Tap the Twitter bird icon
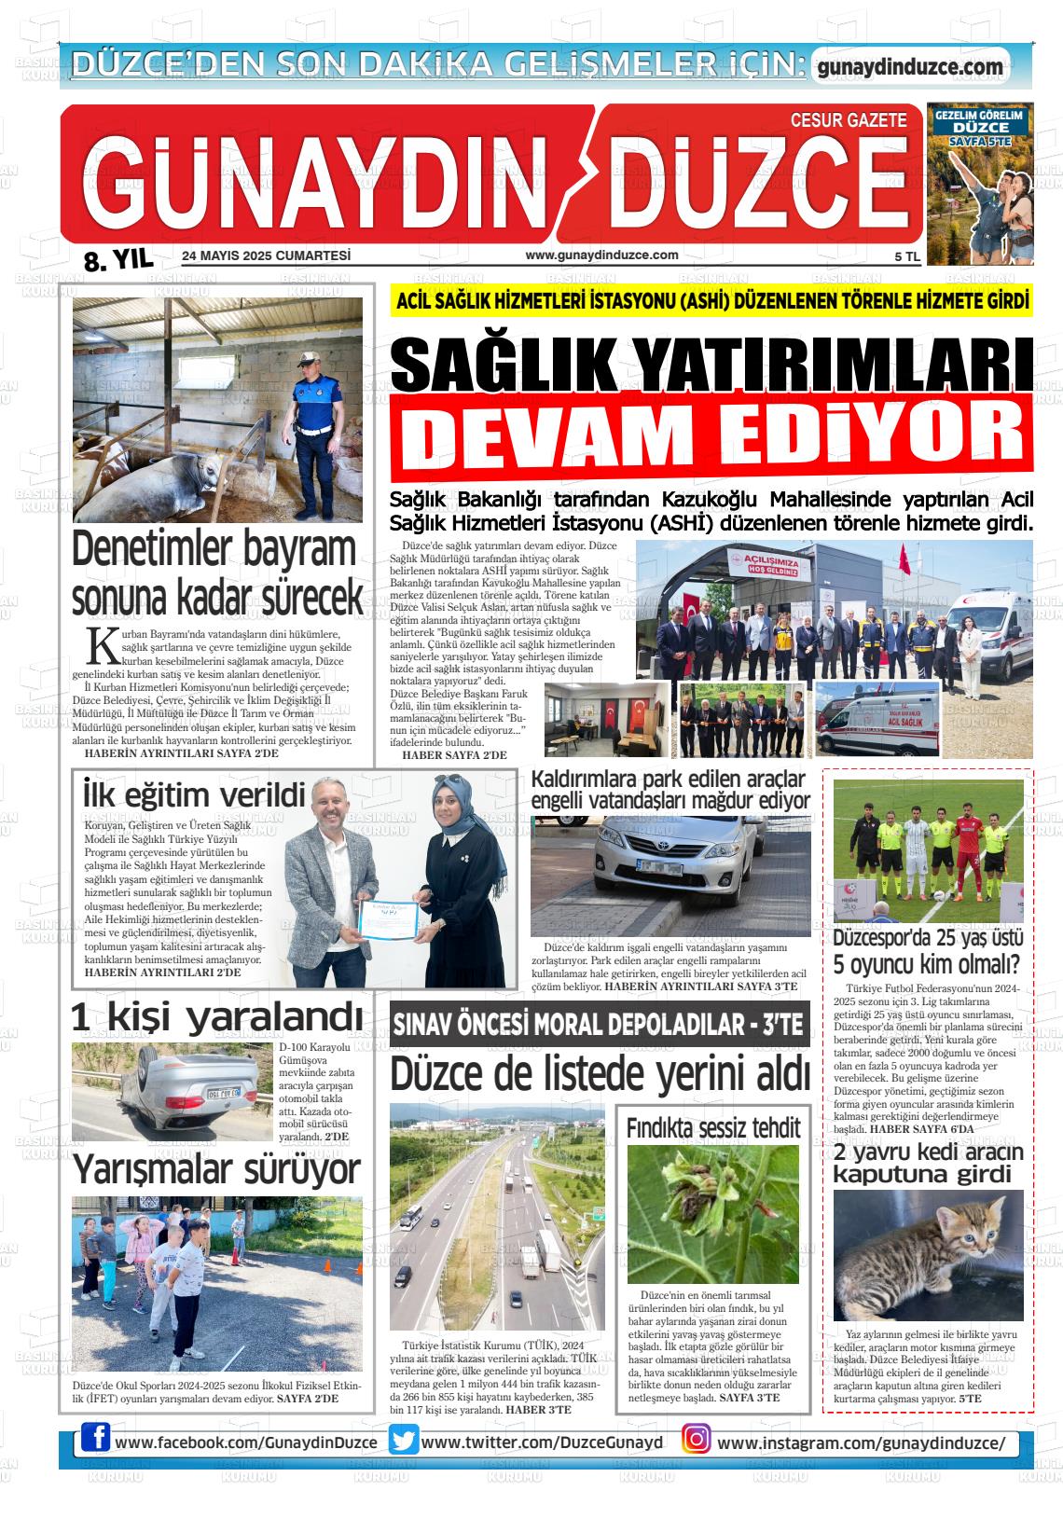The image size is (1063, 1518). click(x=403, y=1440)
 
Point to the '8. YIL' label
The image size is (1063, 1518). click(x=117, y=260)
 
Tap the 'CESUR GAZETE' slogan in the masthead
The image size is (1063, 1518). click(x=848, y=120)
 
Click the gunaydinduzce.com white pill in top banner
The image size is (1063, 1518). click(x=909, y=67)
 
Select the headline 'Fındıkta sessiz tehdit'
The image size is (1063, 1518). click(x=712, y=1127)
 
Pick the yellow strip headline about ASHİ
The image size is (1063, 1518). click(x=713, y=302)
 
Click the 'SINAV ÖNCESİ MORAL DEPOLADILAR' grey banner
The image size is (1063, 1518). click(x=598, y=1025)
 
